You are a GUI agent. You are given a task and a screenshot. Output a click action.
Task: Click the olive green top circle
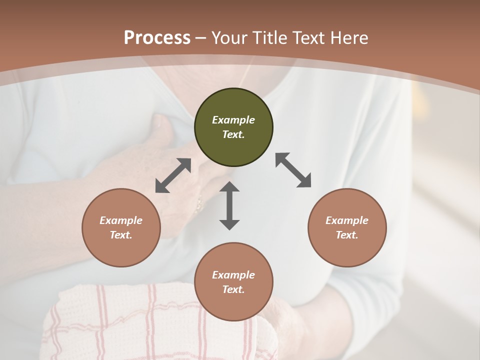tap(233, 127)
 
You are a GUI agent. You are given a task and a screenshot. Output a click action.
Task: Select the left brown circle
tap(121, 227)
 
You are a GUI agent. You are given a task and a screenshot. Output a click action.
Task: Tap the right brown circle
tap(347, 227)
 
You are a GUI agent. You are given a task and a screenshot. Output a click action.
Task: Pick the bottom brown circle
tap(233, 282)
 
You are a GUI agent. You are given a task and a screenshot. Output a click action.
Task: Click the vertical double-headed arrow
tap(229, 205)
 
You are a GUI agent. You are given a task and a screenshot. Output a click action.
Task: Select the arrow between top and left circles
tap(173, 175)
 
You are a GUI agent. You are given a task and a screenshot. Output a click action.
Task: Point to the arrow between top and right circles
tap(293, 170)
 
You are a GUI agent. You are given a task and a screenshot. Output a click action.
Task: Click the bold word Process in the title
tap(157, 38)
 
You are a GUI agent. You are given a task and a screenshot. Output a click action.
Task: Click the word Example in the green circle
tap(233, 120)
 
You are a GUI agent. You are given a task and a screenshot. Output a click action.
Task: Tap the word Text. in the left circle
tap(121, 235)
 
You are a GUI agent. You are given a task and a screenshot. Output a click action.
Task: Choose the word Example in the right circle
tap(347, 220)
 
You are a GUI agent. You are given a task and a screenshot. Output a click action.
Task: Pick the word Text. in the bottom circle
tap(233, 289)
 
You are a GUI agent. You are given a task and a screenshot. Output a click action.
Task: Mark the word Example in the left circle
tap(121, 220)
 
